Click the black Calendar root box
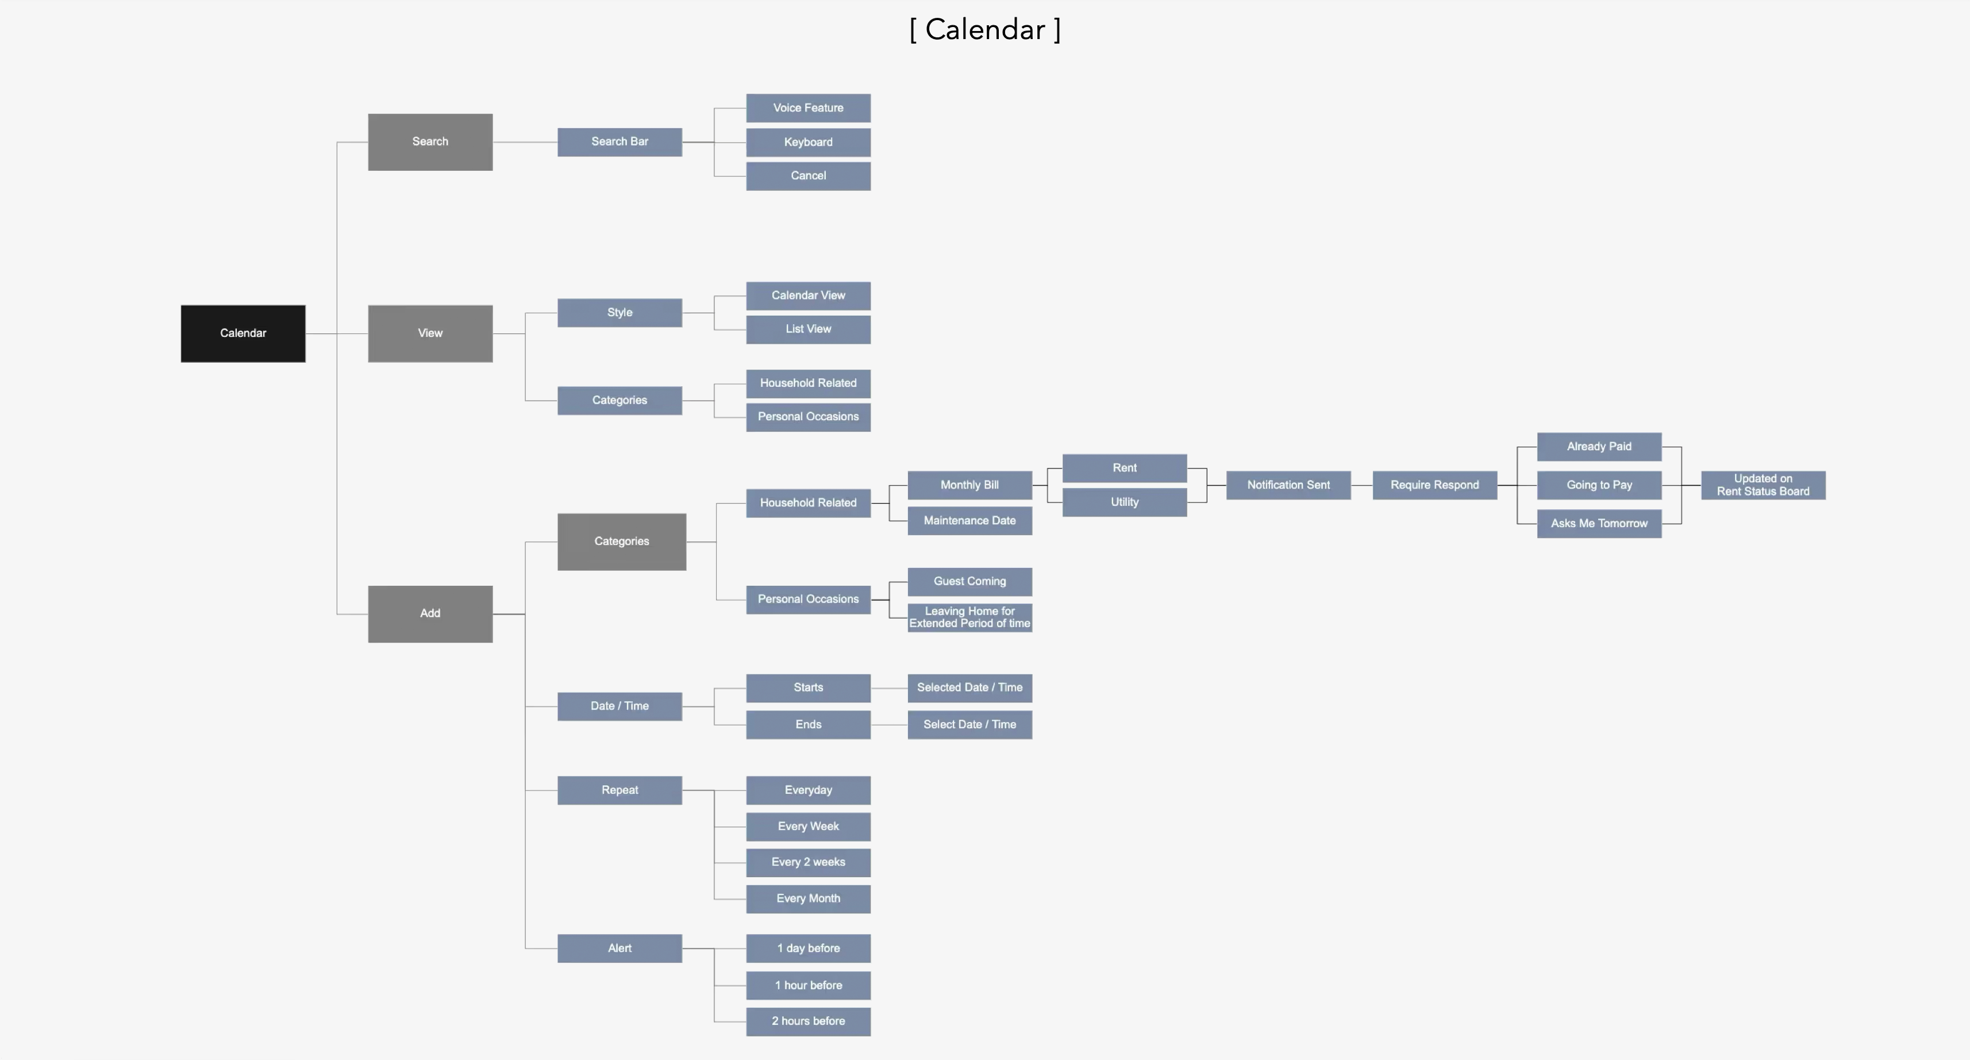(243, 333)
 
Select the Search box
(430, 142)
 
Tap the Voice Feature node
(807, 108)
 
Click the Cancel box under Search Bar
(807, 176)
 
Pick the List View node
(807, 329)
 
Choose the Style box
(620, 313)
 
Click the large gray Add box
(430, 613)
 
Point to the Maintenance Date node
(969, 521)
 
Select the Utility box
(1124, 502)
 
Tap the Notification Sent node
(1288, 485)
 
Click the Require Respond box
(1434, 485)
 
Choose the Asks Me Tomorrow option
(1598, 524)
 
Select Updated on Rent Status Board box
(1763, 485)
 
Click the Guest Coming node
(969, 581)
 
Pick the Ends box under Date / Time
(807, 724)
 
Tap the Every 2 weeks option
(807, 862)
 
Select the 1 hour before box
(807, 985)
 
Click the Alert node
(620, 948)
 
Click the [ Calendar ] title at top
(984, 30)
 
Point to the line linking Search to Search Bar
(525, 142)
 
